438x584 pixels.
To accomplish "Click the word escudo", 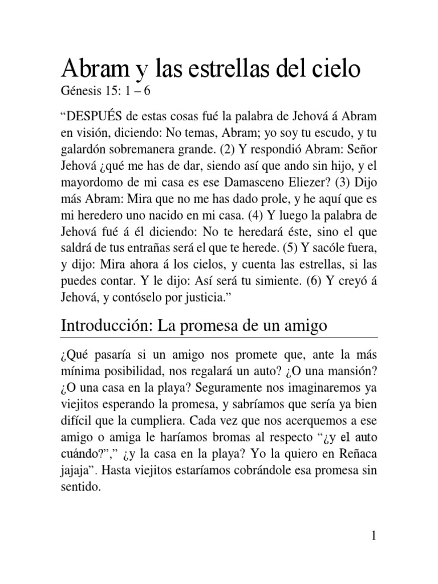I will tap(322, 135).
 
